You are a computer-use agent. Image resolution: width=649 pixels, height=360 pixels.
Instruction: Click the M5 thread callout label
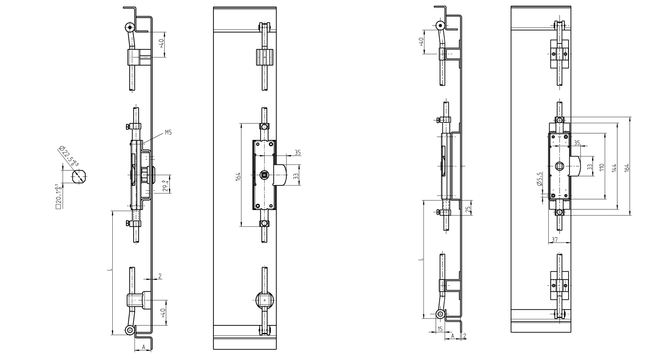(168, 132)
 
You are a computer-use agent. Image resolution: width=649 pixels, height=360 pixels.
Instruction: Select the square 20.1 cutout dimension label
(58, 197)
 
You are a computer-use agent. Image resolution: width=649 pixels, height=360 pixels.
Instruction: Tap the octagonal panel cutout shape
(78, 177)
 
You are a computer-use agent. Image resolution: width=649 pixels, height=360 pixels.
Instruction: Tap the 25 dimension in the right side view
(468, 209)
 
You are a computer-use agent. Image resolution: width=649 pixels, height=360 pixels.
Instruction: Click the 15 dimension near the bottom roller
(440, 329)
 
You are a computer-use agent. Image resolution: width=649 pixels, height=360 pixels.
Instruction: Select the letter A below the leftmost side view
(143, 347)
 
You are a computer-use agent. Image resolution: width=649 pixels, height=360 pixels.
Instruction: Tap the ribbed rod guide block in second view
(265, 57)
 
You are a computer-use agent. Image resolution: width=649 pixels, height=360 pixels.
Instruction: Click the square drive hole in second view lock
(265, 175)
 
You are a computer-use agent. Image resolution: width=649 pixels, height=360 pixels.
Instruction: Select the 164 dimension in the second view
(238, 176)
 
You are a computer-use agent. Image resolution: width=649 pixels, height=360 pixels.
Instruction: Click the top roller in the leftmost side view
(130, 27)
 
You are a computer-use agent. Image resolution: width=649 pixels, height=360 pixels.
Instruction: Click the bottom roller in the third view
(440, 314)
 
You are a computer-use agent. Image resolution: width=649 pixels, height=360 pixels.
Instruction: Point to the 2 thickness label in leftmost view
(160, 276)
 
